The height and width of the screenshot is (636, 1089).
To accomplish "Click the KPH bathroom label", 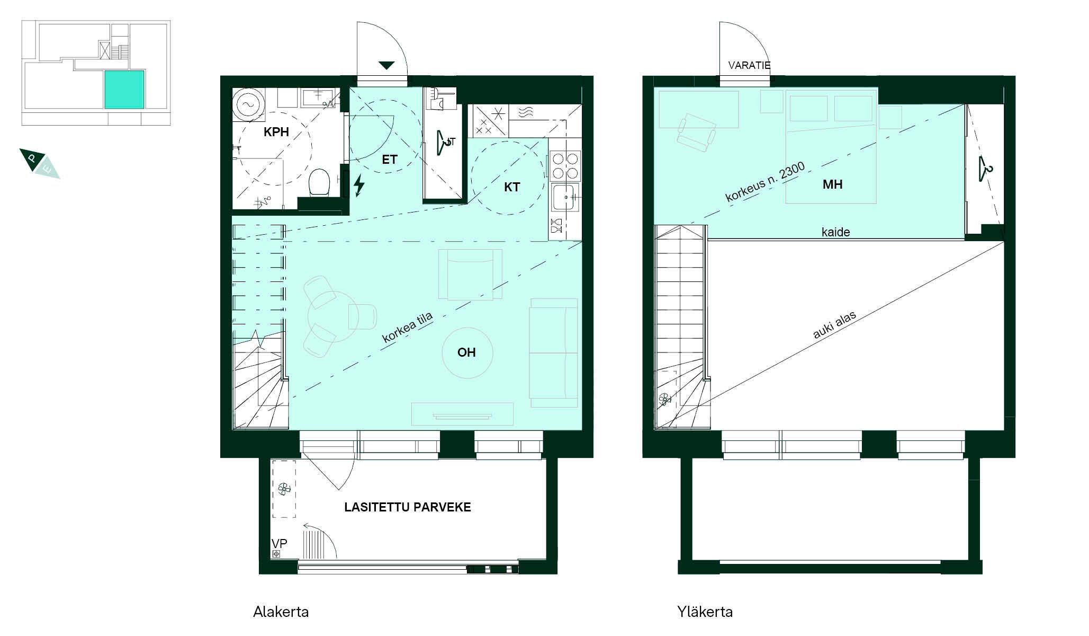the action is click(x=276, y=132).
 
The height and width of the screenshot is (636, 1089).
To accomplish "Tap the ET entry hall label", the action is click(x=390, y=160).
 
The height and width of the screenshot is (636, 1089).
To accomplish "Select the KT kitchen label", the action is click(x=512, y=187).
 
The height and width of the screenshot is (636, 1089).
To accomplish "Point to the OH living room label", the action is click(x=466, y=352).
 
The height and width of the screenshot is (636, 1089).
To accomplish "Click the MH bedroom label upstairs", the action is click(x=832, y=184).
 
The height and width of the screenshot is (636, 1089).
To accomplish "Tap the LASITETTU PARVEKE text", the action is click(x=408, y=507).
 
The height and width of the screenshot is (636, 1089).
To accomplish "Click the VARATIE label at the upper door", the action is click(x=749, y=66).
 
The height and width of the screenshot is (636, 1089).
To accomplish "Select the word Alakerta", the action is click(x=281, y=612).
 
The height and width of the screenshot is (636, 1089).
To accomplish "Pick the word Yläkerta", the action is click(x=705, y=612).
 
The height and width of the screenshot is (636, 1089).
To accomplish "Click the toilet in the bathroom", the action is click(x=319, y=182).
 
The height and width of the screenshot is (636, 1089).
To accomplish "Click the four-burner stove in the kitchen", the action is click(x=565, y=165).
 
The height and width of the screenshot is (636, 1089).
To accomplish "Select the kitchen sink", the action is click(x=565, y=198).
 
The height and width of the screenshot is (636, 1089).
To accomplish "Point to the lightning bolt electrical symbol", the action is click(x=359, y=185).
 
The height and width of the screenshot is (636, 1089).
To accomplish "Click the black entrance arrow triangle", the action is click(x=386, y=65).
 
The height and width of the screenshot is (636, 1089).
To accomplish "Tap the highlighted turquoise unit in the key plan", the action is click(x=124, y=90).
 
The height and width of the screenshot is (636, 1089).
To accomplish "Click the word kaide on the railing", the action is click(x=835, y=232).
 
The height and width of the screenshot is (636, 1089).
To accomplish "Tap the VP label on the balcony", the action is click(x=279, y=544).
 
